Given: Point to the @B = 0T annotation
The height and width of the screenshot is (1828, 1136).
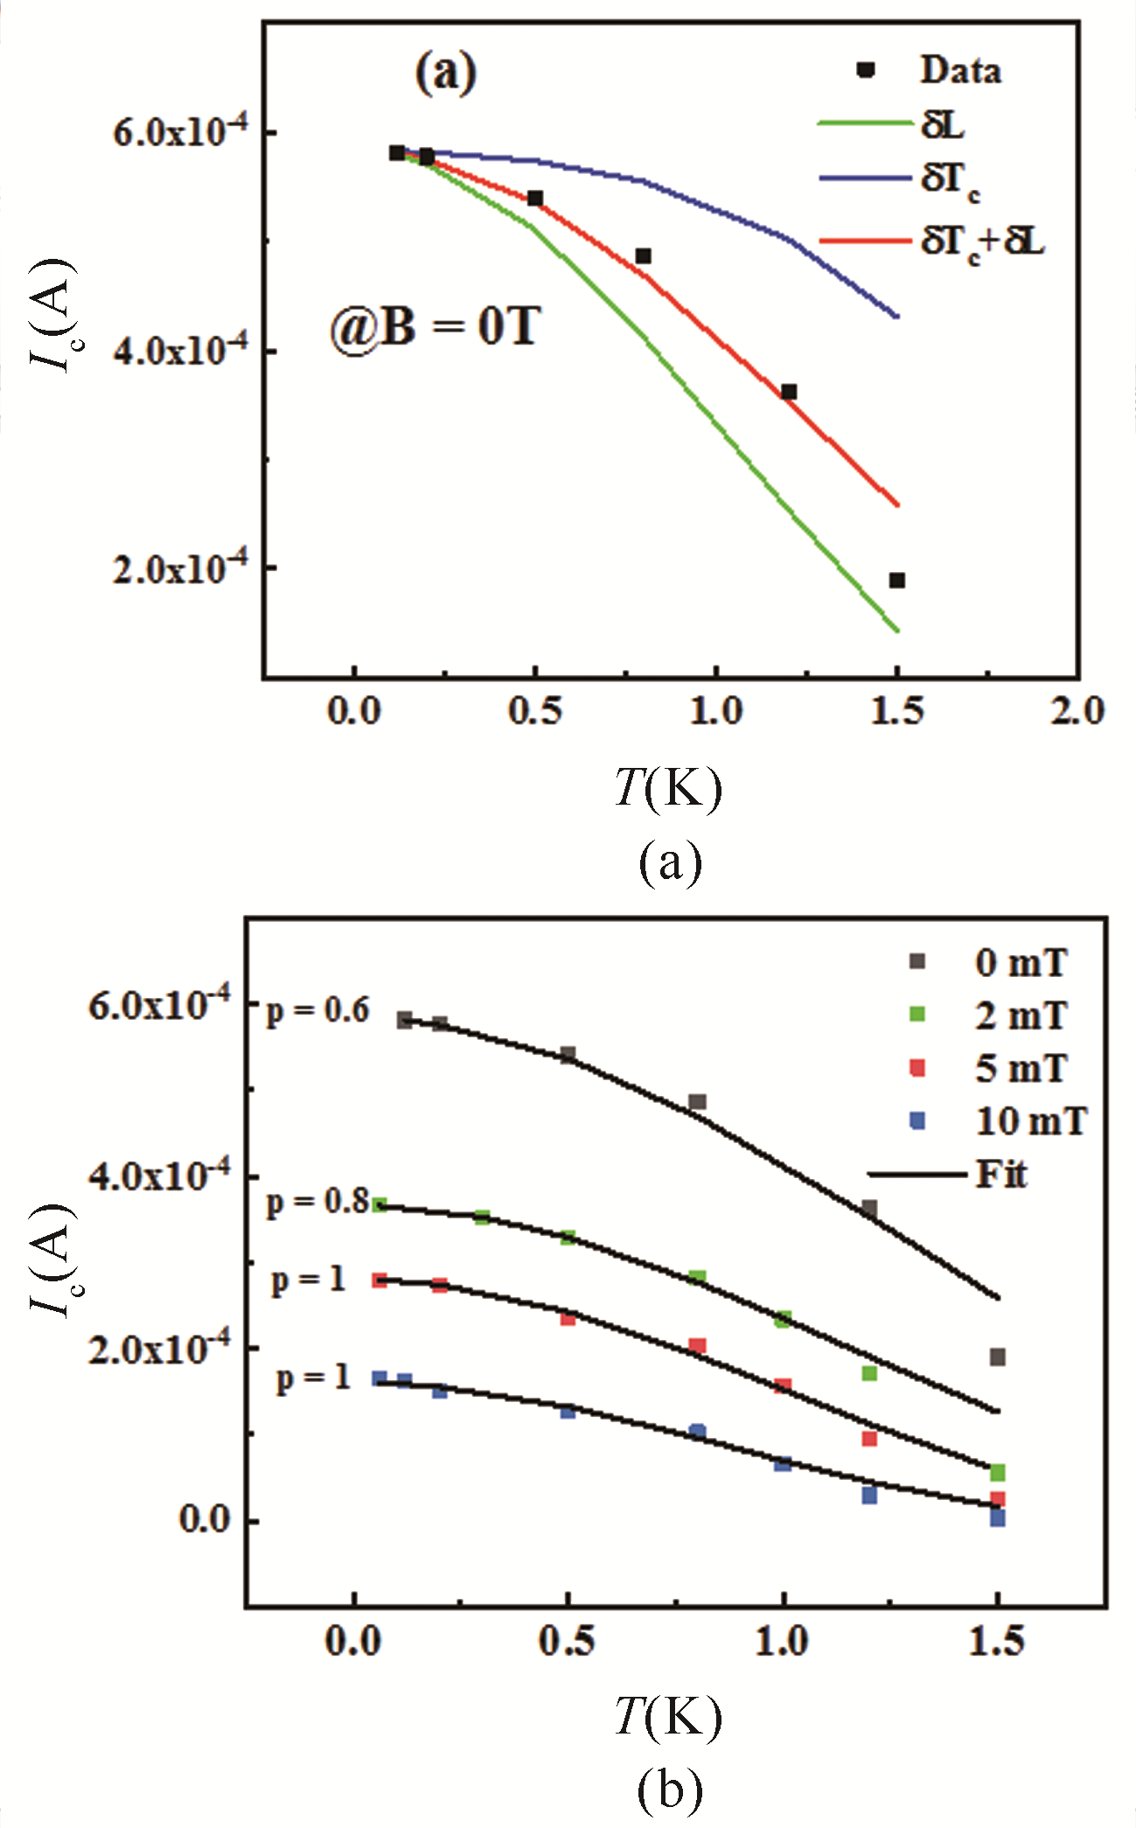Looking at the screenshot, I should (435, 328).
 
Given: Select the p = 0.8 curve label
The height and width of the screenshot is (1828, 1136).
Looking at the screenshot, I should (317, 1202).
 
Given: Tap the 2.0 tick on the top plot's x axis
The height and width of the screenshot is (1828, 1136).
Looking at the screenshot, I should (1077, 711).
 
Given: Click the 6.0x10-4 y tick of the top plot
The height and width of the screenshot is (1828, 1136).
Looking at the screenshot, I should (180, 133).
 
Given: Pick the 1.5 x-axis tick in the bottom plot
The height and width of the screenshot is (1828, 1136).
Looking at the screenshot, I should (997, 1642).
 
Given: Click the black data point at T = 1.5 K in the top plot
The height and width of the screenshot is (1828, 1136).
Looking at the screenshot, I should (896, 580).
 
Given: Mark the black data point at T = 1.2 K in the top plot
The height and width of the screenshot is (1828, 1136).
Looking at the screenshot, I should (789, 392).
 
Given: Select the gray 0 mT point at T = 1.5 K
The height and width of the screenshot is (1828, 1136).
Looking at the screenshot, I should (997, 1357).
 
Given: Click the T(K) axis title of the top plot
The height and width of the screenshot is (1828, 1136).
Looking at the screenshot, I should (668, 787).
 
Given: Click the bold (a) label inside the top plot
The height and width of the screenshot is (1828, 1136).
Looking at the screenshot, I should (446, 73).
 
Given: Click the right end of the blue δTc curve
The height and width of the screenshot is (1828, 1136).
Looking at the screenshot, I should (897, 317).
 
